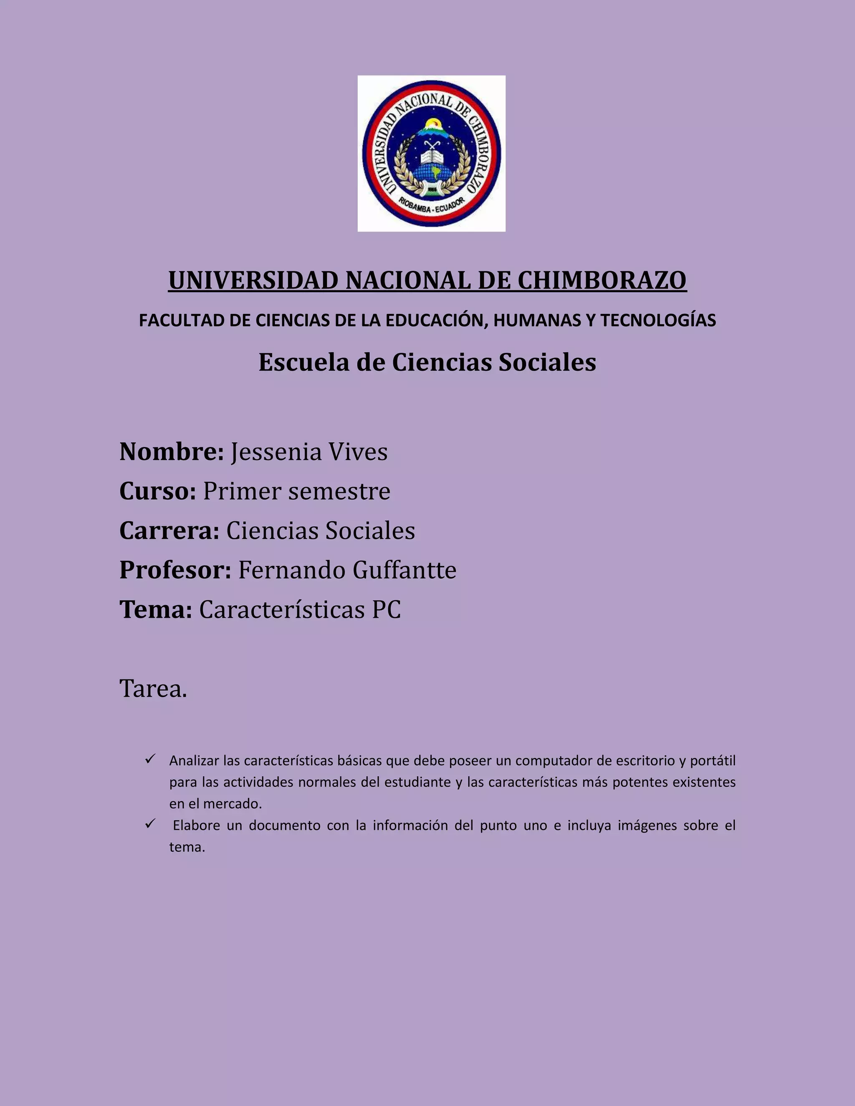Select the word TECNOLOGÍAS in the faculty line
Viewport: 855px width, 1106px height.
click(x=658, y=321)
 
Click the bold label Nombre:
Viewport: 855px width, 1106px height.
click(x=171, y=452)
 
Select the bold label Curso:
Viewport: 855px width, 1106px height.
click(x=157, y=491)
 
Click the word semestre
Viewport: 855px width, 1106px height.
click(x=339, y=491)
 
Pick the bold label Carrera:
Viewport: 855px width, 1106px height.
click(x=169, y=531)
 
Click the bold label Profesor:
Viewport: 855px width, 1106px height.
click(x=175, y=570)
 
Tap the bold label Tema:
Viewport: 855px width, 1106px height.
click(x=155, y=610)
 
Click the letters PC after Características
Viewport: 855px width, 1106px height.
click(x=386, y=610)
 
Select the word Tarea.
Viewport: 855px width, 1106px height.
click(x=153, y=689)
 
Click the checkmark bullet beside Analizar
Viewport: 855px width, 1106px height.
click(x=149, y=759)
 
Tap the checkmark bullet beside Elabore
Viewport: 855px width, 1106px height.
click(x=149, y=824)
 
